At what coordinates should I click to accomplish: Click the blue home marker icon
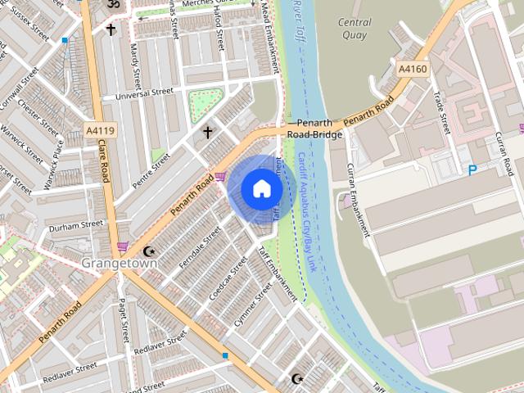click(x=261, y=188)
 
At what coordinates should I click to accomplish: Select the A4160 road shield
click(x=412, y=70)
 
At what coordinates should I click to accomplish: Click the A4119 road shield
click(x=100, y=130)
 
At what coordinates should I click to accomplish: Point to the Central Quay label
click(x=355, y=29)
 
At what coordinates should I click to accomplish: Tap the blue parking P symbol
click(x=472, y=169)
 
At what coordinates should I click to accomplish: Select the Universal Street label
click(x=144, y=94)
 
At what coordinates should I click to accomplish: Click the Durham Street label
click(x=75, y=223)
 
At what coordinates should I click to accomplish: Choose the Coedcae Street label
click(x=228, y=277)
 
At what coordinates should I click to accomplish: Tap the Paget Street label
click(x=124, y=320)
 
